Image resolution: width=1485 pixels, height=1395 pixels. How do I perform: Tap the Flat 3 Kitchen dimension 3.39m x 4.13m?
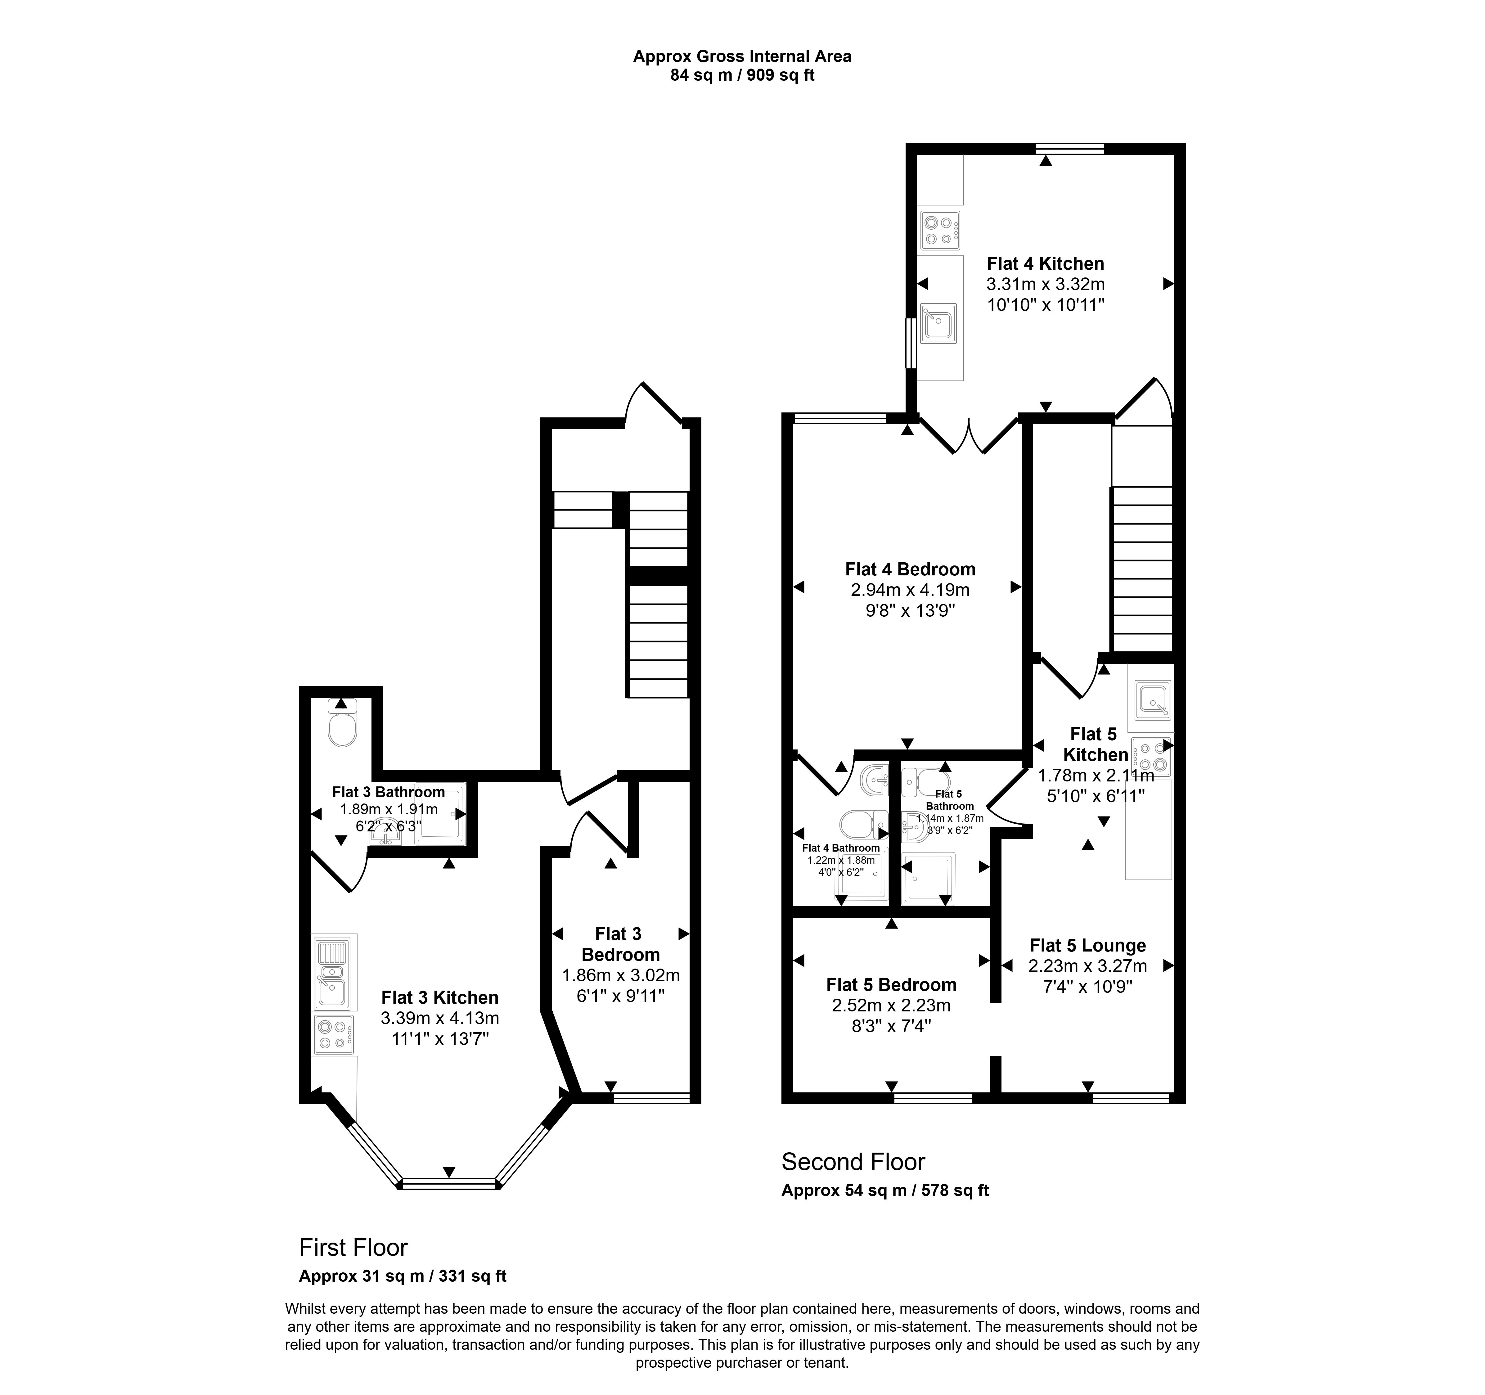(440, 1018)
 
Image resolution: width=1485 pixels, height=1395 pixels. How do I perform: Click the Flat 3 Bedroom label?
(620, 944)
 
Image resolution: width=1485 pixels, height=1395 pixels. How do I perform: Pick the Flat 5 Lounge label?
(1088, 945)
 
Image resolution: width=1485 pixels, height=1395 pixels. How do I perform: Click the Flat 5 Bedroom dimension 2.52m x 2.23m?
(891, 1005)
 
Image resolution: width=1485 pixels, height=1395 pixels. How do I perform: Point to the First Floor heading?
(353, 1247)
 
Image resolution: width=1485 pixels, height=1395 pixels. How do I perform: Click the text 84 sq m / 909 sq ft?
(742, 75)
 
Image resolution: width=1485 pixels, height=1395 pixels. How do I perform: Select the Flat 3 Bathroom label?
(389, 792)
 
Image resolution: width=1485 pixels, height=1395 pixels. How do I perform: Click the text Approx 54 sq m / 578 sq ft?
(885, 1190)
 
